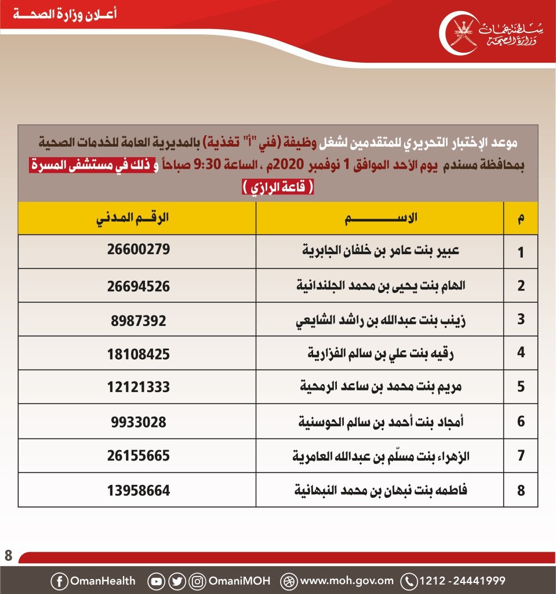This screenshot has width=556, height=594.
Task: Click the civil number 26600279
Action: (138, 251)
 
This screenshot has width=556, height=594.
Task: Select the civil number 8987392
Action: (138, 319)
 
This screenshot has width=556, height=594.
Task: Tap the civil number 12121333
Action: (138, 387)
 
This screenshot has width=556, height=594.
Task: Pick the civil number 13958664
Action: (138, 490)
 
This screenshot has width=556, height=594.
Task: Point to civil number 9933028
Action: (138, 421)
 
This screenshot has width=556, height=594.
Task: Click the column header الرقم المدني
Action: (138, 218)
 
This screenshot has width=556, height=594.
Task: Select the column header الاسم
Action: (380, 218)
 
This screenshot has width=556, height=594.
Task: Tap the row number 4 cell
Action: (521, 353)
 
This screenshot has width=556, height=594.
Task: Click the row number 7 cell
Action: (521, 456)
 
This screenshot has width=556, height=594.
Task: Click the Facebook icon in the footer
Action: (59, 581)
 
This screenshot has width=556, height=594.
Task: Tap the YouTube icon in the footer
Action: (156, 581)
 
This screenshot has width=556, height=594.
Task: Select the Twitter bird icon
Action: (177, 581)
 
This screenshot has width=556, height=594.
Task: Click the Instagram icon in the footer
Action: (198, 581)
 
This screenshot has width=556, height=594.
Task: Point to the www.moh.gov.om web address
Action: (347, 581)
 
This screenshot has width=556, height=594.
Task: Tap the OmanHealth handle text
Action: (102, 581)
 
